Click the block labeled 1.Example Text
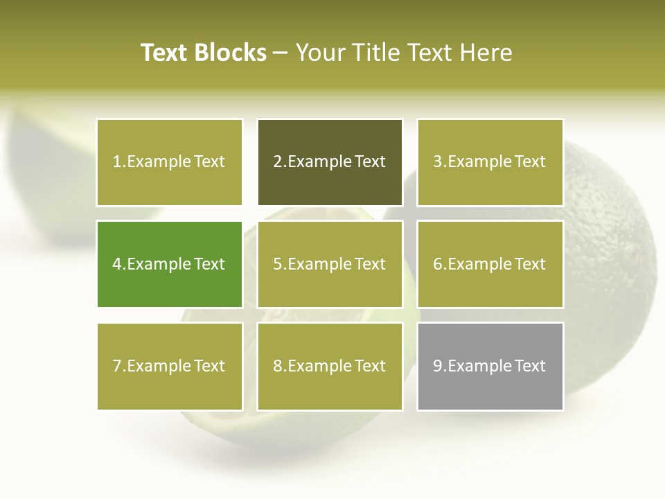[169, 162]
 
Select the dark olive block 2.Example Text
[330, 162]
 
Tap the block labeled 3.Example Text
[490, 162]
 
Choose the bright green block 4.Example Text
[169, 264]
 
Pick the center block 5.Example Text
[330, 264]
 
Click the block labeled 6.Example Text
[490, 264]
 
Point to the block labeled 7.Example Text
[169, 366]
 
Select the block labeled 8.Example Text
[330, 366]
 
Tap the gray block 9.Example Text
[490, 366]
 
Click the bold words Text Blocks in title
[203, 53]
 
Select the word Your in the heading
[321, 53]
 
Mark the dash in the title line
[281, 53]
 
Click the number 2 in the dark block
[277, 162]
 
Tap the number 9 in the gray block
[438, 366]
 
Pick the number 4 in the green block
[117, 264]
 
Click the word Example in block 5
[319, 264]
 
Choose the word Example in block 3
[479, 162]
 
